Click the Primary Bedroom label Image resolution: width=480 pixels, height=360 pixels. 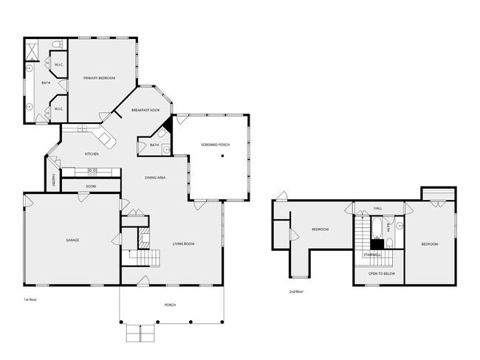[99, 77]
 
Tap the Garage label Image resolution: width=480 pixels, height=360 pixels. [72, 240]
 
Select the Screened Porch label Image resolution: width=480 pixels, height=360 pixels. [216, 145]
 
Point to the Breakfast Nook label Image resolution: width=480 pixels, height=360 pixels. [145, 110]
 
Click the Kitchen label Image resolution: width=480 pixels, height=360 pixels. [92, 153]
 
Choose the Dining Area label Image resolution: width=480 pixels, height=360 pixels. [154, 177]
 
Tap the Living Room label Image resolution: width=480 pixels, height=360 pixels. [183, 243]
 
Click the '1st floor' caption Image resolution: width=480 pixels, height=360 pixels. [31, 300]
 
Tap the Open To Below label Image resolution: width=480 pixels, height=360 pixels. [382, 274]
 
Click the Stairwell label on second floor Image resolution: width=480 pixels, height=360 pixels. [372, 254]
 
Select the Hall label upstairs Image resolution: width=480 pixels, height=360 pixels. [377, 209]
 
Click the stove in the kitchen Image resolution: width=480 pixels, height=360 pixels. [92, 171]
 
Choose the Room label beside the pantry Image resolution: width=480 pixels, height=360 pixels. [91, 186]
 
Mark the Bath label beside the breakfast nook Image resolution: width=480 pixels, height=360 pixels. [154, 145]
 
